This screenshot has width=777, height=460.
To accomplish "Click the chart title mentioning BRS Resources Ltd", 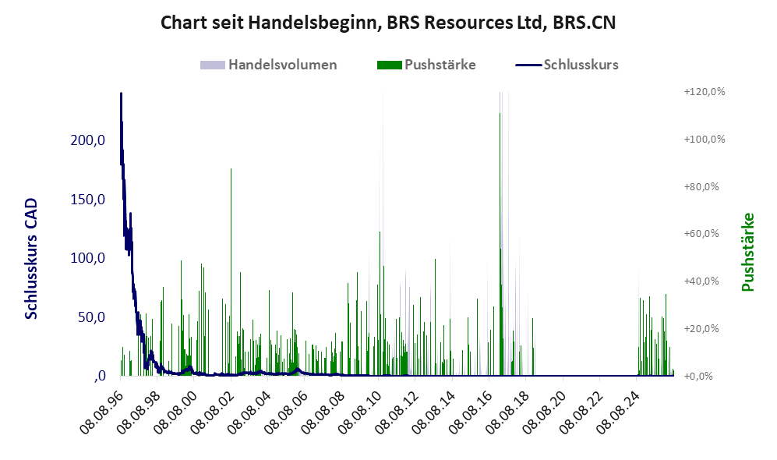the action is [388, 23].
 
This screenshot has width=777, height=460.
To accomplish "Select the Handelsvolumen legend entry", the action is [269, 65].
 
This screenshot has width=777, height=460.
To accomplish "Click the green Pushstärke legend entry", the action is [426, 65].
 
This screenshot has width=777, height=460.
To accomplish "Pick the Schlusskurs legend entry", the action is [567, 65].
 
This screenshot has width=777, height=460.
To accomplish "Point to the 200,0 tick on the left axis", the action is [88, 140].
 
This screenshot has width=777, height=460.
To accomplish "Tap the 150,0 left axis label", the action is [88, 200].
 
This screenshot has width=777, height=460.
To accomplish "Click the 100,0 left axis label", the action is [88, 258].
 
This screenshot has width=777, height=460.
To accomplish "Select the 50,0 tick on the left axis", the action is [92, 317].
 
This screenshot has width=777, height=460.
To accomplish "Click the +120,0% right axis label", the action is [705, 92].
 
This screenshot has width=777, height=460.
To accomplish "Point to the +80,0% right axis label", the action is [701, 187].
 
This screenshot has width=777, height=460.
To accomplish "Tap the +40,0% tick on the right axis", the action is [701, 281].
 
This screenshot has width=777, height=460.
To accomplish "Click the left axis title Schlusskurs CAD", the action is [31, 259].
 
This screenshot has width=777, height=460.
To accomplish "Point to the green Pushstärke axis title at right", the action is [747, 253].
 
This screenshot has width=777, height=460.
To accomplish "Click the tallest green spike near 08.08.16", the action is [500, 244].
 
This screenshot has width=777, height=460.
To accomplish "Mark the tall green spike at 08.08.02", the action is [231, 271].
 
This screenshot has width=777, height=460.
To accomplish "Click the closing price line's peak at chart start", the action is [121, 94].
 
